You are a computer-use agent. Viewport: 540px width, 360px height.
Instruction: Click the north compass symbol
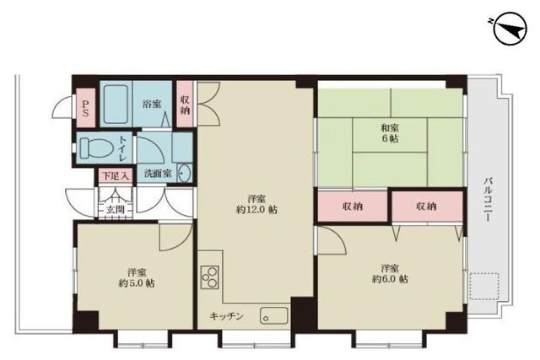tap(510, 29)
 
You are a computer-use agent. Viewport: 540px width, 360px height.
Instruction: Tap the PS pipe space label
tap(85, 108)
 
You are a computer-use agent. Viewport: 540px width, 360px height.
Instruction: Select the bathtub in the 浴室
tap(116, 104)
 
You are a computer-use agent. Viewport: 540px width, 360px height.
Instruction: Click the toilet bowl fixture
tap(96, 148)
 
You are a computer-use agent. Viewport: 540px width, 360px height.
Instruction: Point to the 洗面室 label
tap(158, 173)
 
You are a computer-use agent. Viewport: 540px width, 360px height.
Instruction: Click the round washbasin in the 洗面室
tap(185, 173)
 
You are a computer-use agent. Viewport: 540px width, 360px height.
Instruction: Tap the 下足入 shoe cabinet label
tap(116, 176)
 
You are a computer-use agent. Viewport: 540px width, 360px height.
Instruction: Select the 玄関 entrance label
tap(115, 209)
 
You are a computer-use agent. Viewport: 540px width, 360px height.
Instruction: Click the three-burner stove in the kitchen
tap(210, 277)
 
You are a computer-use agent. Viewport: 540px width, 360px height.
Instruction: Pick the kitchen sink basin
tap(274, 315)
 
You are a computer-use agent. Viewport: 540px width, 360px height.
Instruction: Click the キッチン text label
tap(227, 316)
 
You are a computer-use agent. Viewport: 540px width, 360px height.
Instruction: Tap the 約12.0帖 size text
tap(256, 210)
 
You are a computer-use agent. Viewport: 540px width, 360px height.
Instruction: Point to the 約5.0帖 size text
tap(137, 283)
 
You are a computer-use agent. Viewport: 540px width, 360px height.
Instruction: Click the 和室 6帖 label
tap(390, 133)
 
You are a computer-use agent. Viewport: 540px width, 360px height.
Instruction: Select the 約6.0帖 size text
tap(390, 279)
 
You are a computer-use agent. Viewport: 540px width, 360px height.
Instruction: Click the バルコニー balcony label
tap(488, 199)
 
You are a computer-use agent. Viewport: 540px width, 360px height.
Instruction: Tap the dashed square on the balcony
tap(484, 287)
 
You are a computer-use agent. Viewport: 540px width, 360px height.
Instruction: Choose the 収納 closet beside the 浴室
tap(185, 105)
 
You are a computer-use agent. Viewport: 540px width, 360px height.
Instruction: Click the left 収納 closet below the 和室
tap(353, 207)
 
